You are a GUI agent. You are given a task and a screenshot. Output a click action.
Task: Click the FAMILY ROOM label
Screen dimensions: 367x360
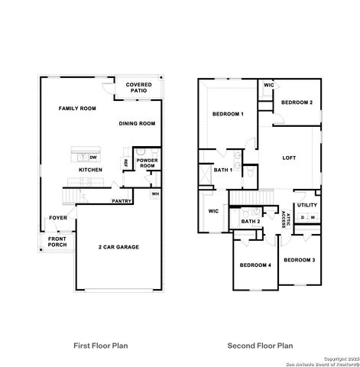(77, 109)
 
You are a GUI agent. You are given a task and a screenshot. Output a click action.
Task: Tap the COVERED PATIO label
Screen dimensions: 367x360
(138, 88)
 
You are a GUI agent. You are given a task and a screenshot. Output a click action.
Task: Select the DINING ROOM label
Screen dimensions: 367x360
(137, 123)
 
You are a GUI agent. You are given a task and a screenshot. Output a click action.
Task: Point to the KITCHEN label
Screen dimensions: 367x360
(91, 169)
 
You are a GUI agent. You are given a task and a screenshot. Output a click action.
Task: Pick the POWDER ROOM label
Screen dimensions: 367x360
(147, 163)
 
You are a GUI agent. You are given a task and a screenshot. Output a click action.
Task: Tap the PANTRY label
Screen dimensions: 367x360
(122, 201)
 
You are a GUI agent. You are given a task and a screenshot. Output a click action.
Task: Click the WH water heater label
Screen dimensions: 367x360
(155, 193)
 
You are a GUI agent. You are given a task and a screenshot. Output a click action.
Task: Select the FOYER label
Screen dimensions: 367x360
(59, 218)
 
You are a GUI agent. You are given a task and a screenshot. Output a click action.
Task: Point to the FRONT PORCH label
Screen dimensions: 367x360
(57, 242)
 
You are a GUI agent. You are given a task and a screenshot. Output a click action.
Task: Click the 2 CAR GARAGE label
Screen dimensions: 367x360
(118, 247)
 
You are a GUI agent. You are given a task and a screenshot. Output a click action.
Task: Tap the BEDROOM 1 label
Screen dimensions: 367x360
(227, 114)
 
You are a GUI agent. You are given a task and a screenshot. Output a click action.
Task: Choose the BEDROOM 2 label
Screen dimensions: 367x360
(297, 102)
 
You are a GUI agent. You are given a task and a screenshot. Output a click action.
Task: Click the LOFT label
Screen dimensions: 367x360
(289, 158)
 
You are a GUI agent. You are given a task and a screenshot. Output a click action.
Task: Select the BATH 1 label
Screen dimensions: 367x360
(222, 170)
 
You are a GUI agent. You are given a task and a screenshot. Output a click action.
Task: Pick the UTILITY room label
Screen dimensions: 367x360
(307, 205)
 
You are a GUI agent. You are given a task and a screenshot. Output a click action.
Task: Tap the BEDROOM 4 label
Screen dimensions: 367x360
(255, 265)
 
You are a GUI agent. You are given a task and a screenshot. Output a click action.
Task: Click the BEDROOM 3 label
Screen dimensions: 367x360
(299, 260)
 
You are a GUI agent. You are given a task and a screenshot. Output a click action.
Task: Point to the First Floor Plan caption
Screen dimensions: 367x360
(100, 346)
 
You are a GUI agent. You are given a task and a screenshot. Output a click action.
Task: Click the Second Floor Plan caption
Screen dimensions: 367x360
(259, 346)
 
